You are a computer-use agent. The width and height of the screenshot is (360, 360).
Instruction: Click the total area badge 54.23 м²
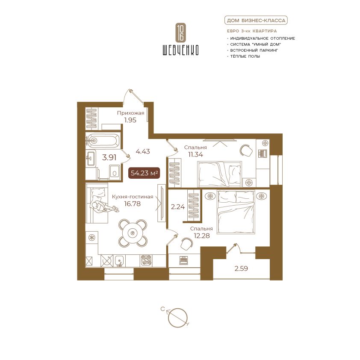[144, 173]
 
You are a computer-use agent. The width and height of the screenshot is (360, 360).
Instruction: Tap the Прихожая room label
[131, 113]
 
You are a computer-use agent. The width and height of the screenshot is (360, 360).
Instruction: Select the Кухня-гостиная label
[133, 197]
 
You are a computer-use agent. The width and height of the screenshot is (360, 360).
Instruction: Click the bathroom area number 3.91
[109, 157]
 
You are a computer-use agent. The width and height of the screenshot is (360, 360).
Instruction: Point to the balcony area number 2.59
[241, 269]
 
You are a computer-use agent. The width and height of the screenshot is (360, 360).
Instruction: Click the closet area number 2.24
[178, 207]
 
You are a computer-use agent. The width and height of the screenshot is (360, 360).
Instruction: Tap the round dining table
[133, 233]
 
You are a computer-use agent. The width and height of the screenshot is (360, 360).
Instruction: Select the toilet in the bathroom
[114, 171]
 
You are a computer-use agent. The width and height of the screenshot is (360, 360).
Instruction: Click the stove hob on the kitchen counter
[147, 261]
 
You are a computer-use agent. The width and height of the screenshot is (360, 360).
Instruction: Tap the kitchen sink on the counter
[119, 261]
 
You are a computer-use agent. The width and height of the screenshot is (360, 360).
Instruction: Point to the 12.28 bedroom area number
[202, 236]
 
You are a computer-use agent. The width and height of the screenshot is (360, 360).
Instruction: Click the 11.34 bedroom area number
[196, 154]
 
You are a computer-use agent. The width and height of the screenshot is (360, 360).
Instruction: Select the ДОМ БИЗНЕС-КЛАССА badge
[256, 21]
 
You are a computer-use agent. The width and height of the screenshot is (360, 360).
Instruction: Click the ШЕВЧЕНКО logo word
[180, 50]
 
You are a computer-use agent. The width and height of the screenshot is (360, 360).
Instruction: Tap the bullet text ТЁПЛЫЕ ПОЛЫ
[245, 56]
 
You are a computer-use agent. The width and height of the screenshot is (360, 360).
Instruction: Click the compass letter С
[162, 309]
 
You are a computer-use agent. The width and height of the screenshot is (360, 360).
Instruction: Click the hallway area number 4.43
[143, 151]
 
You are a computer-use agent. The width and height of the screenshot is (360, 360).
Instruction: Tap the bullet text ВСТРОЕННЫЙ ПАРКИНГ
[254, 50]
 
